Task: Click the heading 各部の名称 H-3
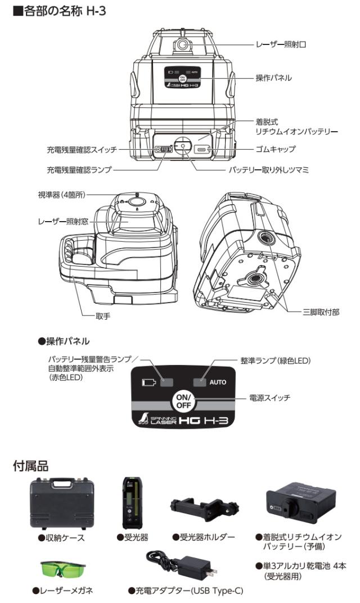53,11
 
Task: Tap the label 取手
102,316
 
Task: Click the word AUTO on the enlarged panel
218,382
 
